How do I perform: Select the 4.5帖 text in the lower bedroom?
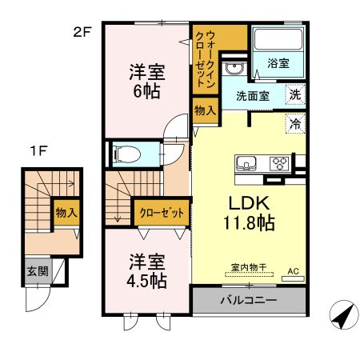coord(146,281)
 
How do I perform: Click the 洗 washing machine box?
coord(294,94)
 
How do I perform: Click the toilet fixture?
coord(128,153)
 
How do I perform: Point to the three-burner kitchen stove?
coord(280,164)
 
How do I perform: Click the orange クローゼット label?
coord(161,214)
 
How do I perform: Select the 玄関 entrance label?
coord(36,271)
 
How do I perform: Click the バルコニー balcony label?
coord(249,301)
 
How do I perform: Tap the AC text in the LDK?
coord(293,272)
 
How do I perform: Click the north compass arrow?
coord(342,317)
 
